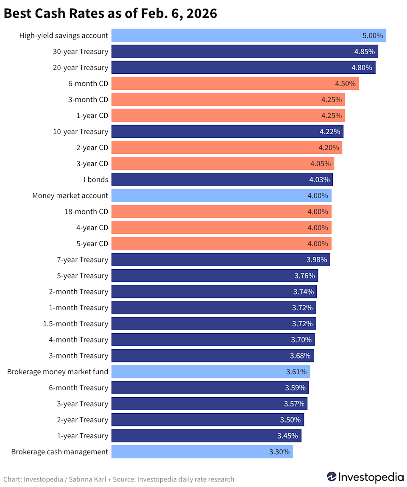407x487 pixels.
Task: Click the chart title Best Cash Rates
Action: click(110, 14)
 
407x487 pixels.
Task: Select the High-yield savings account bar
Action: click(248, 36)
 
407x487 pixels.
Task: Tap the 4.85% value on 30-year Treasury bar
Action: click(364, 52)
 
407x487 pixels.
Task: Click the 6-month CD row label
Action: click(88, 83)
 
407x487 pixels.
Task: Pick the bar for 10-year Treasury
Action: click(227, 132)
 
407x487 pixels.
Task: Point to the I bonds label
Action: click(96, 180)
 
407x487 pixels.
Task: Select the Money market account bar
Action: click(221, 196)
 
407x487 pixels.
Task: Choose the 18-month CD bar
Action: click(221, 212)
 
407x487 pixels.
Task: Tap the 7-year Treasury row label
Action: click(82, 260)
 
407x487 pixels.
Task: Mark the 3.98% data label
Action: click(317, 260)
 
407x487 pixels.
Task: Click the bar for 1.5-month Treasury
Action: click(213, 324)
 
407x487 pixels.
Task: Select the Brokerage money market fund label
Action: click(58, 372)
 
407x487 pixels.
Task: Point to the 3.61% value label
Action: click(296, 372)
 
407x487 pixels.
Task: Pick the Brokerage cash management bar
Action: click(202, 452)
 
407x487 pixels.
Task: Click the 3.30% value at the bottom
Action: click(279, 452)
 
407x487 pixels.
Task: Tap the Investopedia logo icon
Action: click(332, 477)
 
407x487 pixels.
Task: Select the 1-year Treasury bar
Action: click(206, 436)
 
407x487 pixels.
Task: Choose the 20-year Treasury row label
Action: click(81, 68)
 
